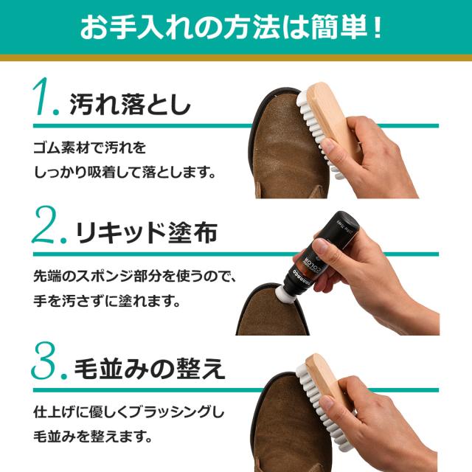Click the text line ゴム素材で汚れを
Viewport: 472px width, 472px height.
[x=91, y=147]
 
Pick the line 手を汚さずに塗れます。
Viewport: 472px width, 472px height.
[x=107, y=302]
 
